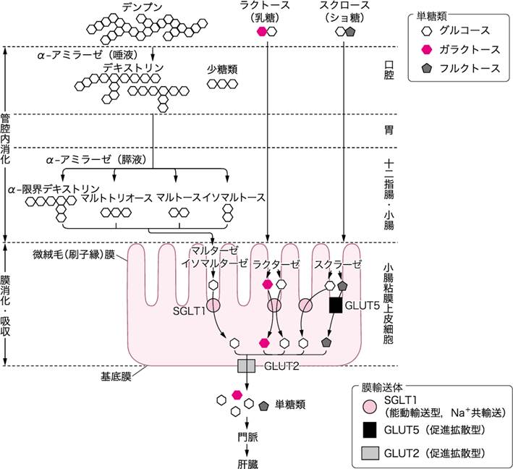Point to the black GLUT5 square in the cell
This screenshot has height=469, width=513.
335,305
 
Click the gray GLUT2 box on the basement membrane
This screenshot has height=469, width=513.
247,366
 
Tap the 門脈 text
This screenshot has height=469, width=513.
247,437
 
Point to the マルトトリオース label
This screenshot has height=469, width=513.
116,198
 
